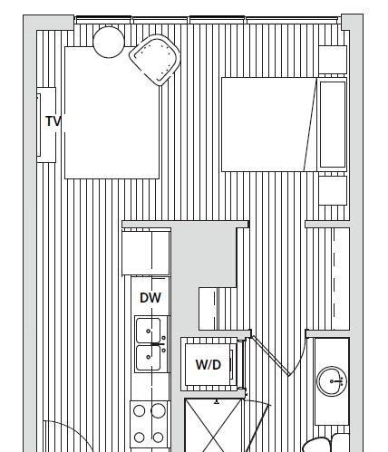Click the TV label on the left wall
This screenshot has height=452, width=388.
point(54,121)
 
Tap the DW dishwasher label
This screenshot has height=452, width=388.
point(150,298)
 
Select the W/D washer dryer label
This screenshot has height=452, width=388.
point(209,365)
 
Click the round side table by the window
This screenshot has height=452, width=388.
point(109,42)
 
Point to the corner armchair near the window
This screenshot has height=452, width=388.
point(155,60)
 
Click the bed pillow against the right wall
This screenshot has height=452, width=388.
point(333,124)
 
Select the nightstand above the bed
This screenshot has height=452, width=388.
point(333,60)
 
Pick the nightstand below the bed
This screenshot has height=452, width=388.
point(333,191)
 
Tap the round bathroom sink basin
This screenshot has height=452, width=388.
point(332,381)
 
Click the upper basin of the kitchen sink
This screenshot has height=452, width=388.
point(148,331)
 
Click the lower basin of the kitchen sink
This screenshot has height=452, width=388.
point(148,358)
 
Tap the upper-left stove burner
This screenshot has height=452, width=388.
point(139,410)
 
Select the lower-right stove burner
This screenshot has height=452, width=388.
point(158,437)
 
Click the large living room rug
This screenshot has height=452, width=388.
point(112,112)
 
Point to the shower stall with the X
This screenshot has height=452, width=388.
point(214,425)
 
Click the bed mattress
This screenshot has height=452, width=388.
point(269,124)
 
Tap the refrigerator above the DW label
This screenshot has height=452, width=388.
point(146,253)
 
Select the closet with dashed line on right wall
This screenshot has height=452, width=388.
point(341,278)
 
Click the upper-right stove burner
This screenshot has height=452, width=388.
point(158,410)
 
